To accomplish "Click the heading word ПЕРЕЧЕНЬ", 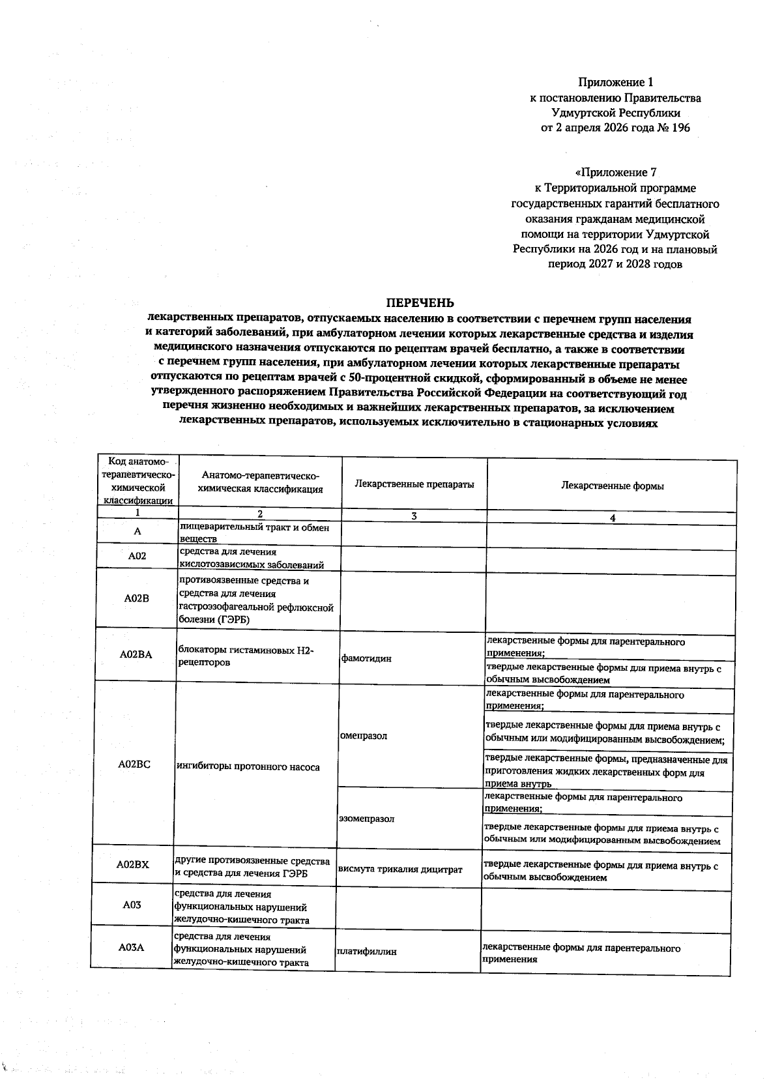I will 420,303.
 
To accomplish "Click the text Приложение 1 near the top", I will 615,82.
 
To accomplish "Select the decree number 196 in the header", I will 680,128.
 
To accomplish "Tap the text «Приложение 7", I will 615,173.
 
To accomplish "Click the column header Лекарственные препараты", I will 414,484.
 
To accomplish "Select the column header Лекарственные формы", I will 612,486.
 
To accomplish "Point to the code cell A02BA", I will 136,654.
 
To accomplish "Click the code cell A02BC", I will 134,764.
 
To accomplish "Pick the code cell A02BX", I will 133,864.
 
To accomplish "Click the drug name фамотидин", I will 366,658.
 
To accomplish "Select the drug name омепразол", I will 363,736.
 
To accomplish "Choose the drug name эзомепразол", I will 366,819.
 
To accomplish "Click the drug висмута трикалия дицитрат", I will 399,869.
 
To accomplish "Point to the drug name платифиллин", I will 366,952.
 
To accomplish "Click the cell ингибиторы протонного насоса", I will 248,767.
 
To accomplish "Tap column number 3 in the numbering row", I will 414,516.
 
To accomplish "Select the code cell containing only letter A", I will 137,531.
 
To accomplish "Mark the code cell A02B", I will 136,598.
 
